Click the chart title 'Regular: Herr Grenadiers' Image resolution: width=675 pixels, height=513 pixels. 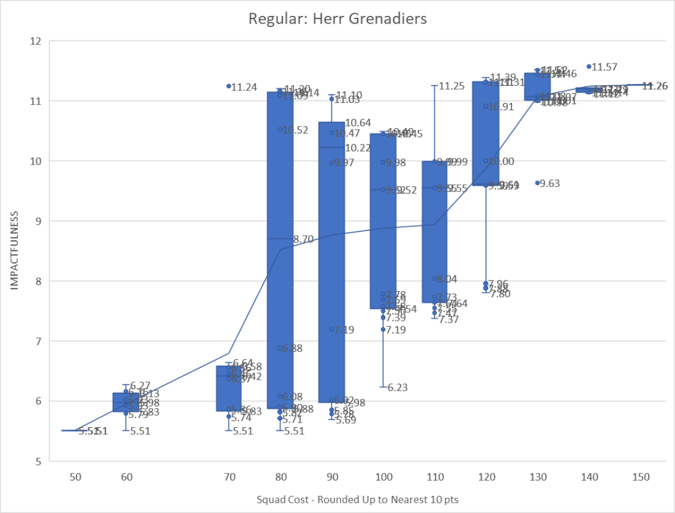click(x=337, y=18)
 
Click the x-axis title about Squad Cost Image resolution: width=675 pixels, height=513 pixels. click(x=357, y=499)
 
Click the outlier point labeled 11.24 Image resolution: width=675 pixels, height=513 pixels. click(x=229, y=86)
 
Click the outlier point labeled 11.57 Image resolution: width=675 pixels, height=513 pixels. click(x=589, y=66)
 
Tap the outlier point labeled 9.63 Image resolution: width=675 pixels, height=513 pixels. click(x=537, y=182)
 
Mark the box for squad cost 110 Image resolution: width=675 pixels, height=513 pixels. click(x=434, y=231)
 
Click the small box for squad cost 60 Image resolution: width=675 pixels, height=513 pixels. click(x=126, y=401)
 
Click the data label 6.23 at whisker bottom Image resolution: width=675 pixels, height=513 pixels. click(x=398, y=388)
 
